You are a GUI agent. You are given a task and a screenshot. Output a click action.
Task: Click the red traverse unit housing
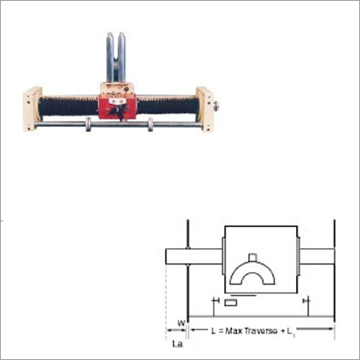coord(119,104)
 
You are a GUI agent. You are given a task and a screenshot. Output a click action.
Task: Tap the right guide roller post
coord(122,56)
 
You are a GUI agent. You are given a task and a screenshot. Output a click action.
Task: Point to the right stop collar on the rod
coord(150,125)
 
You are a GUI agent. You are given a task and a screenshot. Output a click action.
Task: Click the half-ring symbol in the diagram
coord(252,276)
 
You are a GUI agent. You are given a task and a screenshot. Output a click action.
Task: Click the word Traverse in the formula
coord(274,329)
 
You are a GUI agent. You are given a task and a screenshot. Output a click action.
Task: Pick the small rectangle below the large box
coord(230,303)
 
